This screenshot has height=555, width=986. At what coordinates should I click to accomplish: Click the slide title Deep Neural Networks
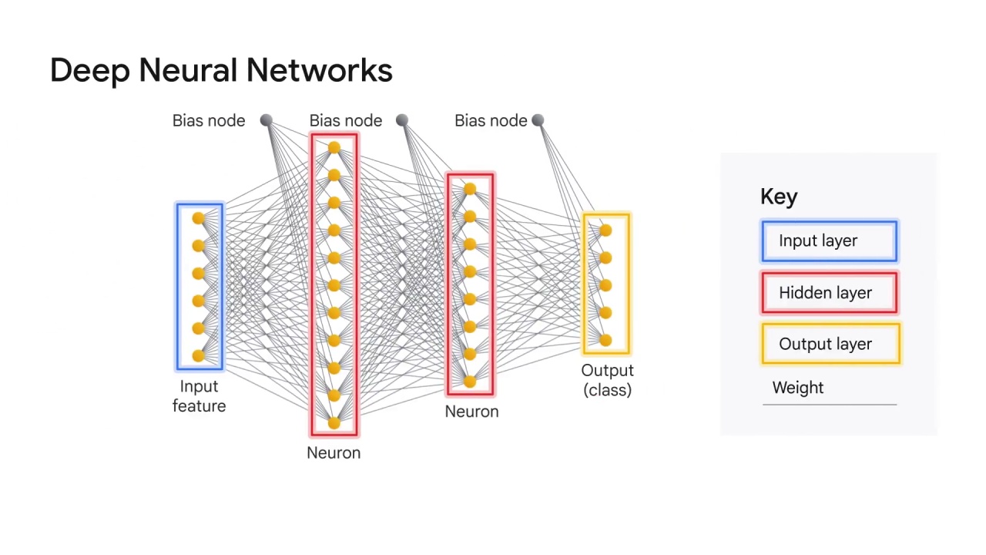221,70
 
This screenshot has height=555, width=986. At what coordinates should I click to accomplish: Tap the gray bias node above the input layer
266,120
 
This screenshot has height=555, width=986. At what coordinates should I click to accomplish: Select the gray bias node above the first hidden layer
402,120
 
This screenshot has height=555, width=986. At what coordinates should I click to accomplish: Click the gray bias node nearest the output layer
538,120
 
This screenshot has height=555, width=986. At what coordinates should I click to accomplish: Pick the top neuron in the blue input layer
199,219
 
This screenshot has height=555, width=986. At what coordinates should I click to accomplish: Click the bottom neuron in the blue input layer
199,355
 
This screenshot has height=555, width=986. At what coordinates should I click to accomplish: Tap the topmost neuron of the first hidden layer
334,148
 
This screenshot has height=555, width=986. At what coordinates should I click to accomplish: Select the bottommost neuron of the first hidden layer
334,422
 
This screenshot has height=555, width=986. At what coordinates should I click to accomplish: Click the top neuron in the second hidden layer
470,189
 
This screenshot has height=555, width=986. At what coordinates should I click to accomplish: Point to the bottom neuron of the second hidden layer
470,381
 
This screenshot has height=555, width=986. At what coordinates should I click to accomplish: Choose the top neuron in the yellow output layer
605,230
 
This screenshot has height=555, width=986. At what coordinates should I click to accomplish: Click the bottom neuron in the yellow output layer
605,340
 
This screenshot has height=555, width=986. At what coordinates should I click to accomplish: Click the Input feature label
199,396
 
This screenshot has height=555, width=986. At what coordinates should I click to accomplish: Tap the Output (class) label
607,380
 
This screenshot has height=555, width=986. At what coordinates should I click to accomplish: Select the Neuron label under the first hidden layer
334,452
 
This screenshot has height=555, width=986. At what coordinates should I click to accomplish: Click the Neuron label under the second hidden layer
471,412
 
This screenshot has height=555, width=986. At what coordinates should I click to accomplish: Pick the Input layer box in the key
829,241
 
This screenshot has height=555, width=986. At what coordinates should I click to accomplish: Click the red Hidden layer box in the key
829,293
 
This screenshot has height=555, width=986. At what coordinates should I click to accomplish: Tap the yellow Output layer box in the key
830,344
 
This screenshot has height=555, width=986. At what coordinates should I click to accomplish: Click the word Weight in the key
797,388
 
